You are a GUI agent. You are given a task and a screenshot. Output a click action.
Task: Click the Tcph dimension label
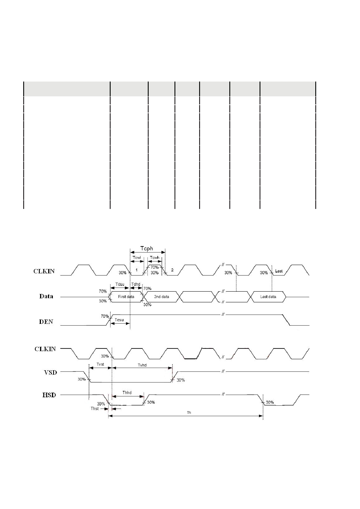(147, 248)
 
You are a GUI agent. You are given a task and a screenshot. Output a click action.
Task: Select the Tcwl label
(136, 258)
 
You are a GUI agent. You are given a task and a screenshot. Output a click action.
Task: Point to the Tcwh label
(154, 258)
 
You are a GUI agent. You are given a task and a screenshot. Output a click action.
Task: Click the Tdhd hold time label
(136, 284)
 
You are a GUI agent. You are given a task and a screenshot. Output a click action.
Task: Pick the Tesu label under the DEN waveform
(119, 320)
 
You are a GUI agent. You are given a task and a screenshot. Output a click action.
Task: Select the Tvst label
(100, 364)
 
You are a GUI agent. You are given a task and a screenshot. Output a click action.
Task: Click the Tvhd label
(142, 365)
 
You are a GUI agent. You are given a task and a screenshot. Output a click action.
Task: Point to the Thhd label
(127, 393)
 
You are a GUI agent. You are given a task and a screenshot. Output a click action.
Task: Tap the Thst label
(95, 409)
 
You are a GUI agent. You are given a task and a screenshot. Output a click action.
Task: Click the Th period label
(189, 412)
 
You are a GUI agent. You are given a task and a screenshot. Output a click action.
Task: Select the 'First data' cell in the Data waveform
(126, 297)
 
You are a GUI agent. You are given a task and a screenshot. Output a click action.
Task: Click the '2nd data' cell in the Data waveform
(161, 297)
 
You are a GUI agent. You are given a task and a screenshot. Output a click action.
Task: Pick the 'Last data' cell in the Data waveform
(268, 297)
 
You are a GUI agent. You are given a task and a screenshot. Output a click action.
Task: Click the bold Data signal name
(46, 296)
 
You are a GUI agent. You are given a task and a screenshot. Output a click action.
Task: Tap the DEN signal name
(46, 322)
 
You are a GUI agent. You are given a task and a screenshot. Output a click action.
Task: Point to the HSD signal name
(49, 395)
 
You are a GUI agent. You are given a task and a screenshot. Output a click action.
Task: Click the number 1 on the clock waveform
(137, 270)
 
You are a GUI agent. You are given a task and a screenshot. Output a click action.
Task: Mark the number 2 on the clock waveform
(172, 270)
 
